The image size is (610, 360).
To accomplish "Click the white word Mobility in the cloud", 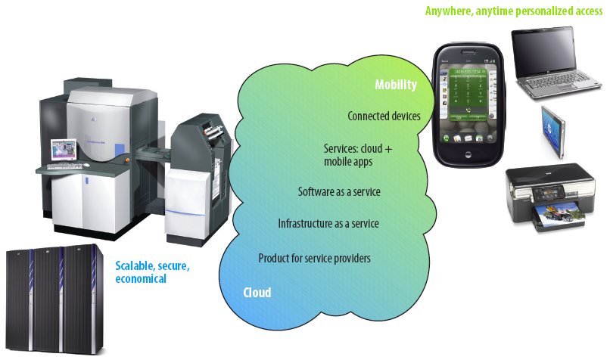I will click(396, 85).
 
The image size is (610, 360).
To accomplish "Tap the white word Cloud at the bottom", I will click(257, 293).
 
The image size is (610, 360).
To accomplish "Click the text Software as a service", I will click(339, 192).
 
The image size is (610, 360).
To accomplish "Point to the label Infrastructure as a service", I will click(328, 224).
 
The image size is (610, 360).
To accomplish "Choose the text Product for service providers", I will click(314, 258).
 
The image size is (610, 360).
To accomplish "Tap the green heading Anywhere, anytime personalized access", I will click(513, 11).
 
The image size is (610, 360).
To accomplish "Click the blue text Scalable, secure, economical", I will click(152, 272).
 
